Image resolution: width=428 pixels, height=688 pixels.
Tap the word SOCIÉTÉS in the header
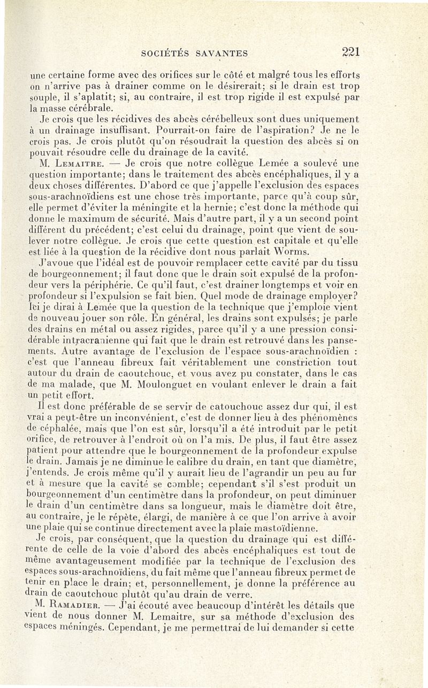(x=166, y=53)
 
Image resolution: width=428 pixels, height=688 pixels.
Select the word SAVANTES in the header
(x=223, y=53)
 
